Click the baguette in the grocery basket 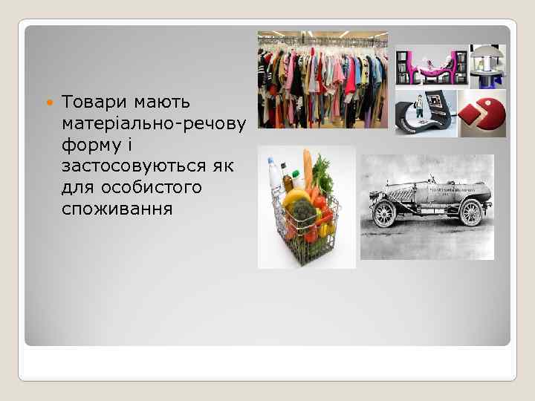[x=307, y=167]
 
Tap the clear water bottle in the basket [x=274, y=175]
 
